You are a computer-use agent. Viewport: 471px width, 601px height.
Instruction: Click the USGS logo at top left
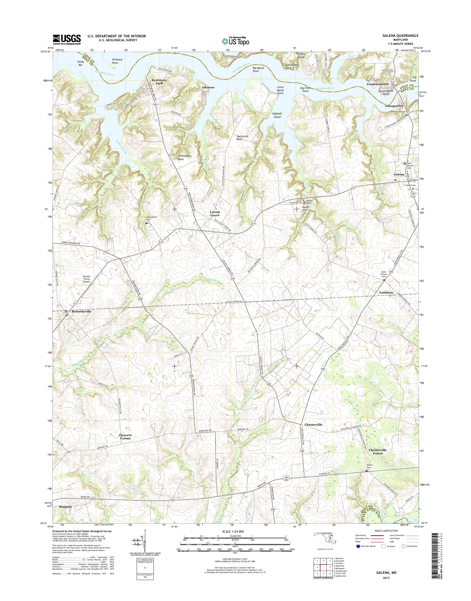67,39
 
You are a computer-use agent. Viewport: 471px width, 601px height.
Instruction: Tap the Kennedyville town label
81,311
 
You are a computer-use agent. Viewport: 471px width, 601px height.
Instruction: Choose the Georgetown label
394,106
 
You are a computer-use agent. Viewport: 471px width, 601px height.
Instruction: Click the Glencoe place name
208,87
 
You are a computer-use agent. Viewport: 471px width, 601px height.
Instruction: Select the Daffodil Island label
277,115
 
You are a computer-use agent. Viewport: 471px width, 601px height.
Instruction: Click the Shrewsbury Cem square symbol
147,223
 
